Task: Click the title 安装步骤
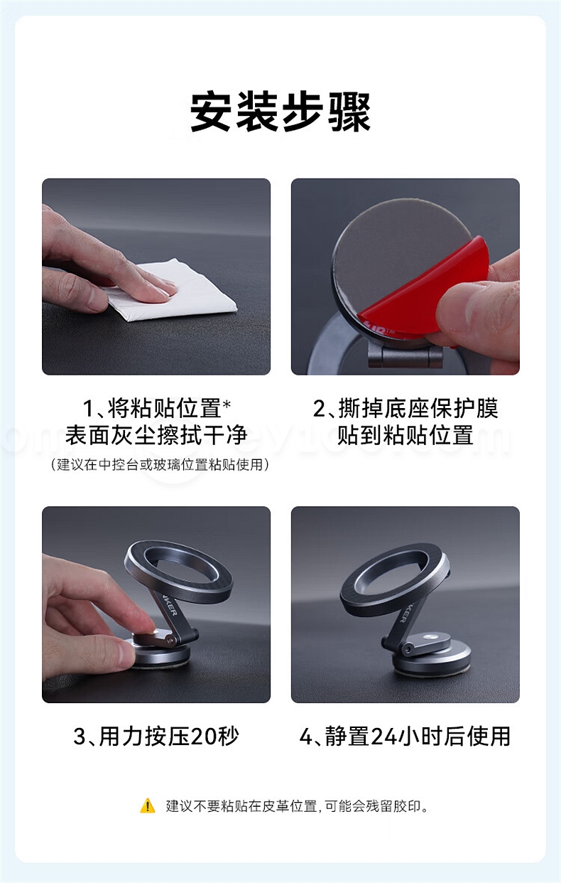click(x=280, y=112)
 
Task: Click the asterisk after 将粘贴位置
click(x=227, y=405)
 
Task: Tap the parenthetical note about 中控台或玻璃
click(x=160, y=465)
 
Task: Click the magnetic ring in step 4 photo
click(x=394, y=577)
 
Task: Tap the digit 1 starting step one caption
click(x=87, y=408)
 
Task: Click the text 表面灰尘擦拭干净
click(x=156, y=435)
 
